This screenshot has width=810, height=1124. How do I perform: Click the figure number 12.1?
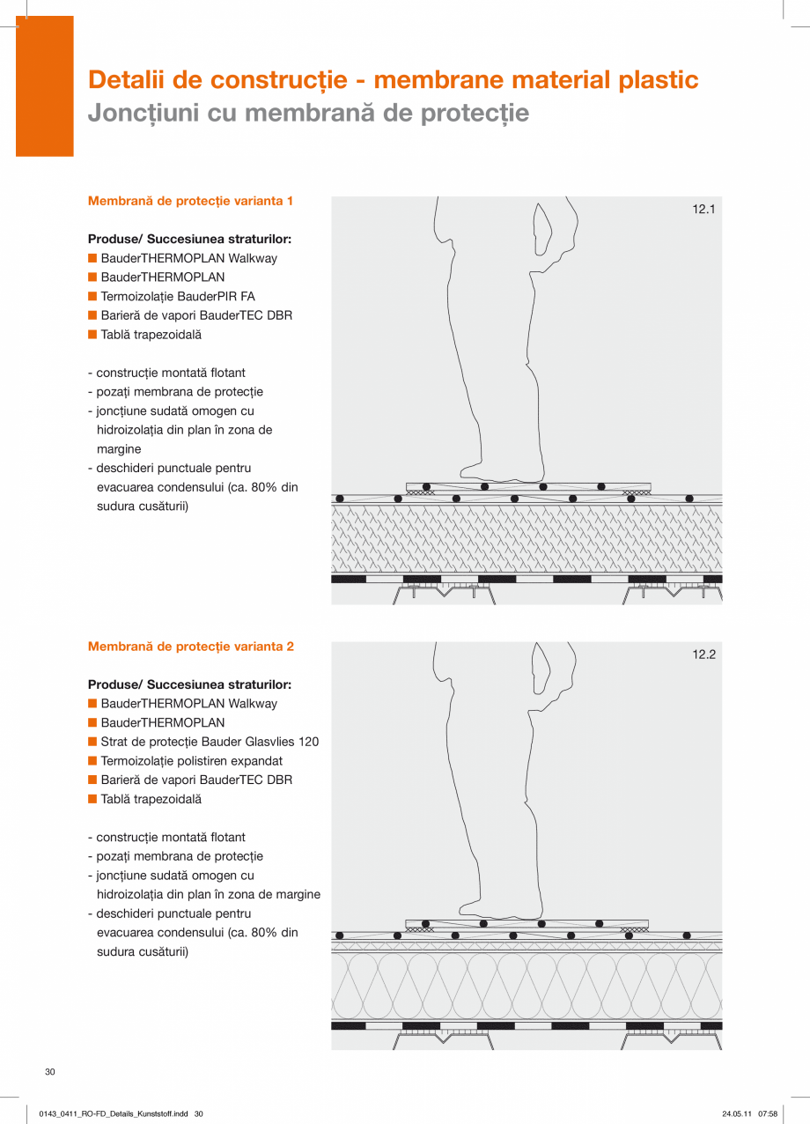coord(703,210)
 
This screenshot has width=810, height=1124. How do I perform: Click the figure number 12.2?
coord(703,654)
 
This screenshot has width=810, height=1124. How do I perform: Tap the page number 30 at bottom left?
coord(50,1071)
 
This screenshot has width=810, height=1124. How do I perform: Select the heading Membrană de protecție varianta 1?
coord(191,201)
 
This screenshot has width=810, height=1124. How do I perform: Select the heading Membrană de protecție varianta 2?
coord(191,647)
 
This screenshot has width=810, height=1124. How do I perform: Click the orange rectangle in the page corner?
coord(45,86)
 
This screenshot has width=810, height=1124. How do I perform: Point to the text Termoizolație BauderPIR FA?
coord(178,297)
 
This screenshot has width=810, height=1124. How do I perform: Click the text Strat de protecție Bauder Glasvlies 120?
coord(210,742)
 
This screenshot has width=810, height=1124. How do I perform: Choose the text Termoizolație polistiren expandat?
coord(192,761)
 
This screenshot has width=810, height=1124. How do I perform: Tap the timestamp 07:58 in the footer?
coord(768,1114)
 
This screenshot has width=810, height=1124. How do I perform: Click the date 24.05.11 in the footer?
coord(736,1114)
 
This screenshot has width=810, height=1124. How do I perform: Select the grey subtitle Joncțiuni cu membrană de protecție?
coord(308,113)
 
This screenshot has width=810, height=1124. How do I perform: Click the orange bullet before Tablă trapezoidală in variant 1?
coord(92,335)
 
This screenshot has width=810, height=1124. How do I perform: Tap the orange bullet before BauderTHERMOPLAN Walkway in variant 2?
coord(92,704)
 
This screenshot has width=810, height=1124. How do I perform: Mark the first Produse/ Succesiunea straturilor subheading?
coord(189,240)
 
